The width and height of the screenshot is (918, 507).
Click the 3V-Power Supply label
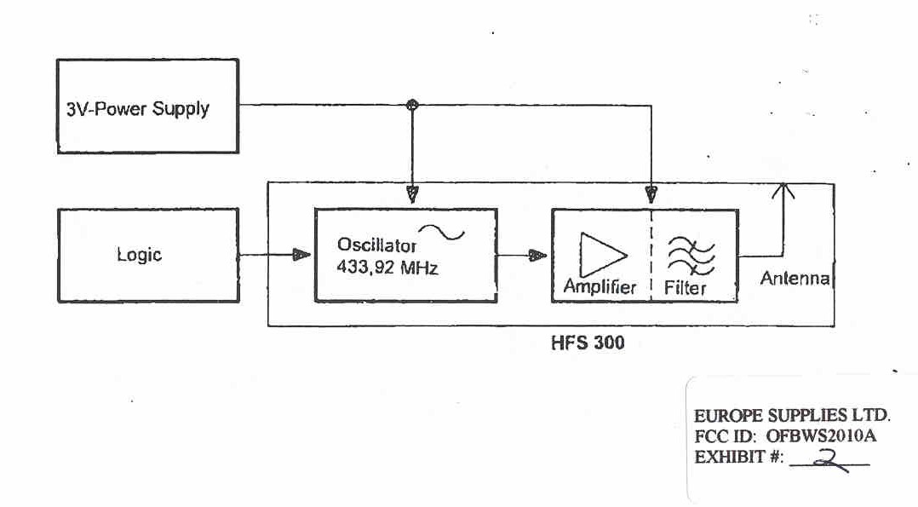138,109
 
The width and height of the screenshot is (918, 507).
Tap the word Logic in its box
139,255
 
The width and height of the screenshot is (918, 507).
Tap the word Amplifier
600,287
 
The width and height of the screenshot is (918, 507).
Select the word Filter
686,288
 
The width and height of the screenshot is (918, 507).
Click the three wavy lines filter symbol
690,255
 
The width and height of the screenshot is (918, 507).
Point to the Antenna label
794,279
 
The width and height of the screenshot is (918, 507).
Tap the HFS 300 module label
587,344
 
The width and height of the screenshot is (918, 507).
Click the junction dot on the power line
413,105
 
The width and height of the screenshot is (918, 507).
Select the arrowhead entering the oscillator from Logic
301,255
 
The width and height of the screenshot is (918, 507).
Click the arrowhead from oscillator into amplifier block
537,255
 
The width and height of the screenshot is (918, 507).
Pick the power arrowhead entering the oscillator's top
413,194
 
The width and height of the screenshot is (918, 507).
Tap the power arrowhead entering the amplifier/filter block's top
651,194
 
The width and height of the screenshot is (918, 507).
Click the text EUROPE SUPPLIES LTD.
792,417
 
